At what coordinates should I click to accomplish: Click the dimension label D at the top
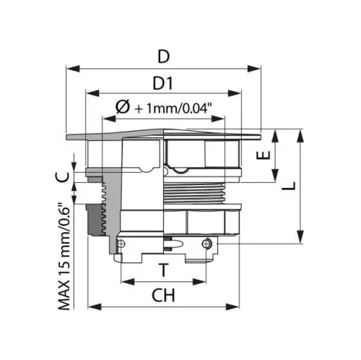pos(164,56)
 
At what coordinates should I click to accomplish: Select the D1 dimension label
pos(163,83)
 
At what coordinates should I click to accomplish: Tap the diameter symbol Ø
pos(123,107)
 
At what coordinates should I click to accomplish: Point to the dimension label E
pos(264,155)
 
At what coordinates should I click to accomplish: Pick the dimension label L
pos(289,186)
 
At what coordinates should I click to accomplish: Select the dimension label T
pos(164,270)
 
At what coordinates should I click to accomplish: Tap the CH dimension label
pos(163,295)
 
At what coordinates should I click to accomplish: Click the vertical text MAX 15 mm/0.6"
pos(64,256)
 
